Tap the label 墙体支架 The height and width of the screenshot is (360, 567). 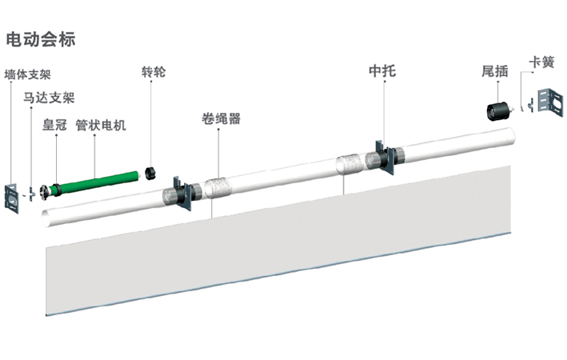click(28, 75)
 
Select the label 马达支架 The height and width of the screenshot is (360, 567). click(49, 99)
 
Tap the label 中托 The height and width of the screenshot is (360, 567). click(382, 72)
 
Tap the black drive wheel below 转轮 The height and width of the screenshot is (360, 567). click(150, 172)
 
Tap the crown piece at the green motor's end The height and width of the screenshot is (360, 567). click(55, 190)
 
